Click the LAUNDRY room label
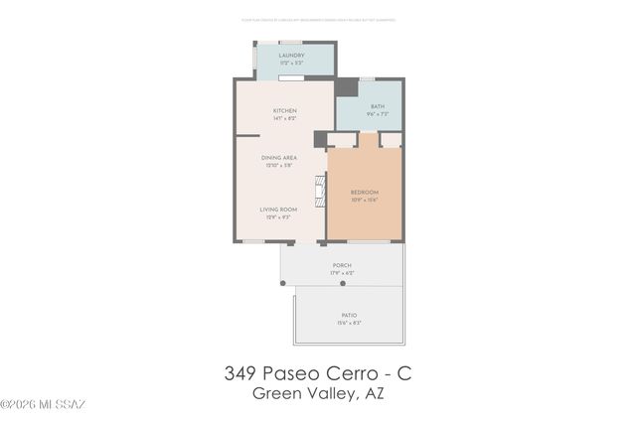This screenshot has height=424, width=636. (290, 56)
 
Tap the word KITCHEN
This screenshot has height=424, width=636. (285, 110)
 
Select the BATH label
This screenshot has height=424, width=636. (377, 106)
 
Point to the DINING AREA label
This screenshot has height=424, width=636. (279, 158)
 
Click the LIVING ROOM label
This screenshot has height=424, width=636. (279, 210)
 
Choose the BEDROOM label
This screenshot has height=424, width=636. (365, 192)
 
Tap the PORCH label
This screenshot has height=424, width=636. (342, 266)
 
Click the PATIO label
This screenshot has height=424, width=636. (342, 315)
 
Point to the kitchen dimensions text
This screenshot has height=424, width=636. (285, 118)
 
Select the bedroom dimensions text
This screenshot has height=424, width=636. (365, 200)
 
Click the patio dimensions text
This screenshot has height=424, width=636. (342, 323)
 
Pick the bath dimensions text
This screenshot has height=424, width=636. (377, 114)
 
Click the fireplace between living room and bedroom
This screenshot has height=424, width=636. (320, 191)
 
